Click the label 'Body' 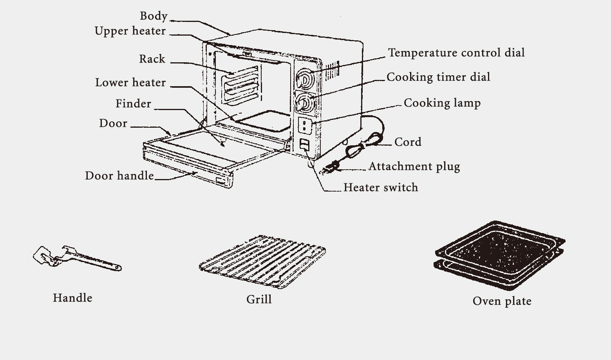[154, 16]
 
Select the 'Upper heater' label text [130, 31]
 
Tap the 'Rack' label [152, 59]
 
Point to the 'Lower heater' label [130, 83]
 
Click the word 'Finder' [133, 104]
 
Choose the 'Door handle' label [119, 176]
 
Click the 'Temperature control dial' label [456, 53]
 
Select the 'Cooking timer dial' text [438, 77]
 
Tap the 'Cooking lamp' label [442, 103]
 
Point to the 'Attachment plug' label [414, 166]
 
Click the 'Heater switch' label [381, 188]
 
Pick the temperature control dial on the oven [305, 78]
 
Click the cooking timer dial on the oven [305, 103]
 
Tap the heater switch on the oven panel [305, 145]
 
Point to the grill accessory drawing [262, 261]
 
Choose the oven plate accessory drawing [500, 255]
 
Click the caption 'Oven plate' [502, 301]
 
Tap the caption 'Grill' [259, 300]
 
